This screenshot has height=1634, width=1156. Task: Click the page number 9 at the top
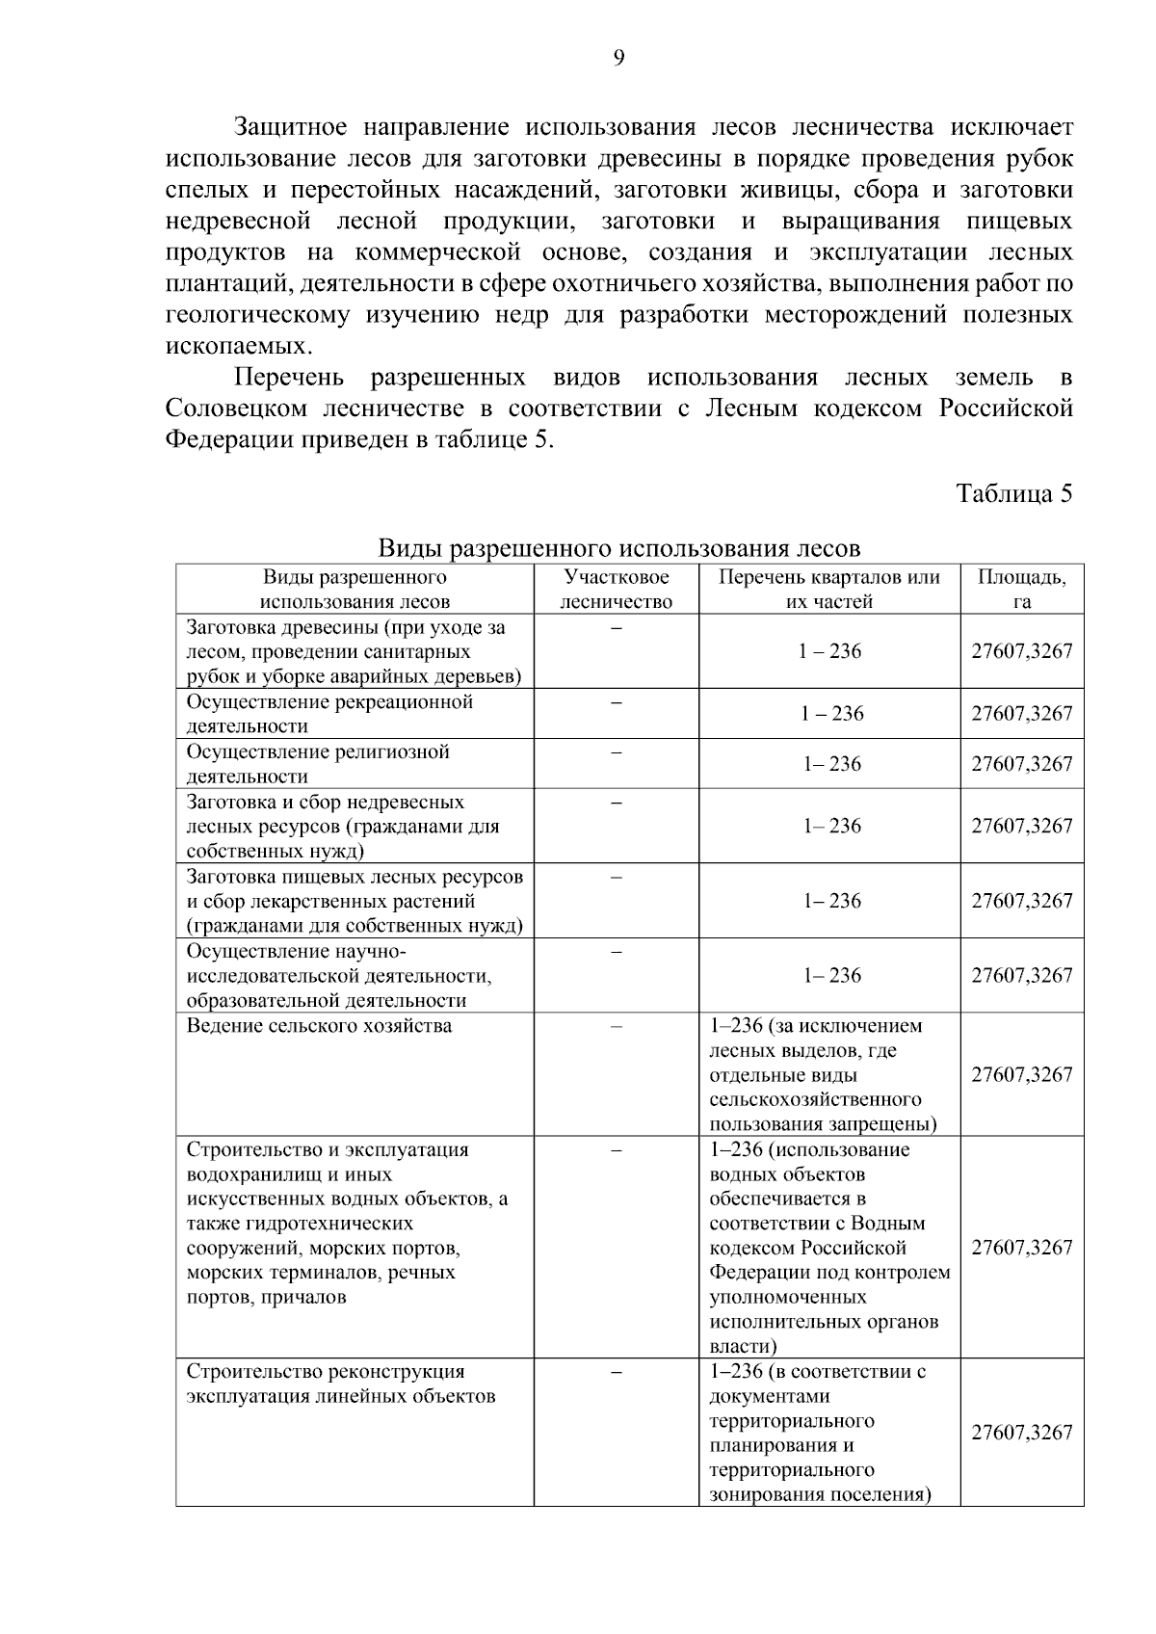coord(619,59)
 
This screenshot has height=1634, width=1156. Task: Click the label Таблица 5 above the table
coord(1013,493)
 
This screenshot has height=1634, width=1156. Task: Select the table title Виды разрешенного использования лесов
coord(618,548)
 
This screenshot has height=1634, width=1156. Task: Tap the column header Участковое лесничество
coord(617,590)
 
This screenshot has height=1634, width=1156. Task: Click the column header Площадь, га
coord(1021,590)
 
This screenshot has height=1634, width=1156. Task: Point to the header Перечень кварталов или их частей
coord(829,590)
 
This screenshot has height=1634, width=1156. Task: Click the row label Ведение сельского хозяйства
coord(319,1025)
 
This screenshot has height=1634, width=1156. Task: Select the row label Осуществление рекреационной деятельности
coord(329,714)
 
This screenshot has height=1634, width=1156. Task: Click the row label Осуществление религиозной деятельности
coord(318,764)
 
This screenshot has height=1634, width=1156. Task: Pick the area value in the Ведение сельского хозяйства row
coord(1021,1074)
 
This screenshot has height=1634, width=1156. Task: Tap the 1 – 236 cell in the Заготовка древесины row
coord(829,651)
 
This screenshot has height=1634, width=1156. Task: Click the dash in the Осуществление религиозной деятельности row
coord(617,751)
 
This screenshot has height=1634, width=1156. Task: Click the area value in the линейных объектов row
coord(1021,1432)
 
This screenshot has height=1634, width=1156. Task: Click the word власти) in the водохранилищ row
coord(743,1346)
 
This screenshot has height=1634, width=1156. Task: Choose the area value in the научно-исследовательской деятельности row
coord(1021,975)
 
